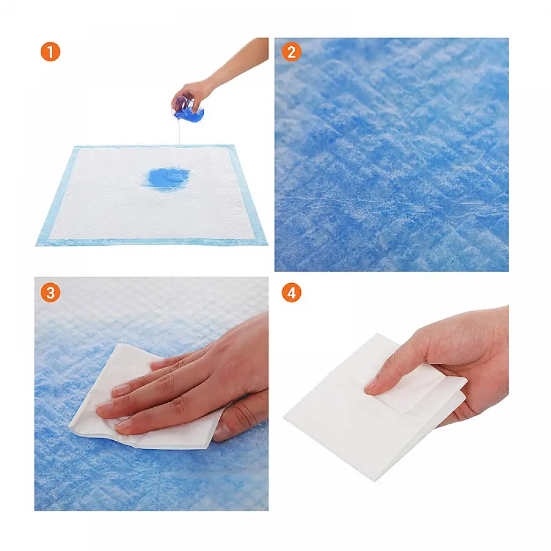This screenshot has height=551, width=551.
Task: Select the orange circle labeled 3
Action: (50, 293)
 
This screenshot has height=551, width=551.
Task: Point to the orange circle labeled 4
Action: (291, 293)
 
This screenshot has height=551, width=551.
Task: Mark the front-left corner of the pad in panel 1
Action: (37, 244)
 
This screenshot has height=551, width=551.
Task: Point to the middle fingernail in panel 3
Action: (121, 390)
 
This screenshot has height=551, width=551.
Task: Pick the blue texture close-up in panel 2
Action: (391, 154)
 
